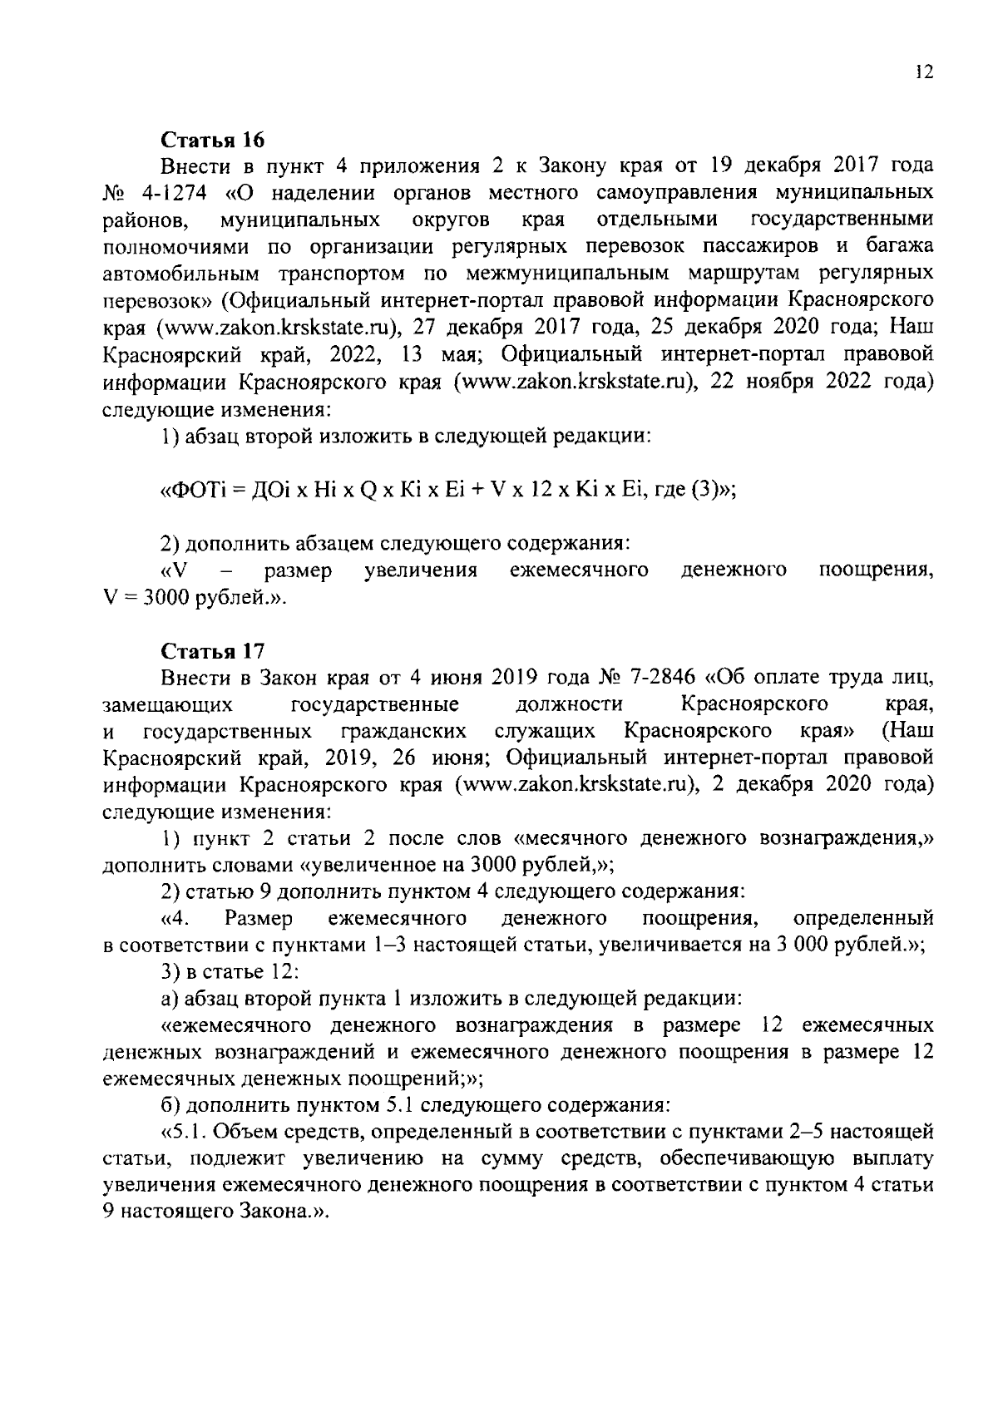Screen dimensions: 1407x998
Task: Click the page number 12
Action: pos(922,72)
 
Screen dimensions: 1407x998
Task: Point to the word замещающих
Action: pos(167,704)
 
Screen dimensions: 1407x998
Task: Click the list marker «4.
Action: pos(176,918)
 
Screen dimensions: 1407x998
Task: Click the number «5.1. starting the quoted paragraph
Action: pos(180,1131)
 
